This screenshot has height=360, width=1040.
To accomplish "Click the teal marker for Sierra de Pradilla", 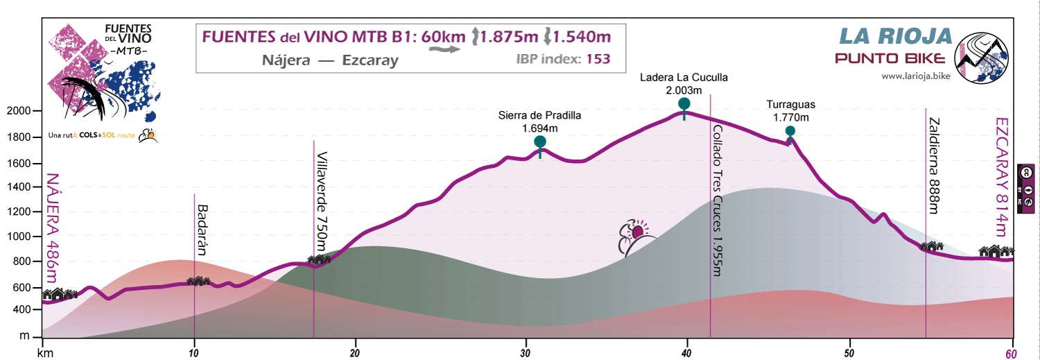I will click(540, 143).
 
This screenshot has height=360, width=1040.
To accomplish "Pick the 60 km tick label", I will click(1013, 353).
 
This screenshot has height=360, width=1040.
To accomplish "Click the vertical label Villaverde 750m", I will click(322, 201).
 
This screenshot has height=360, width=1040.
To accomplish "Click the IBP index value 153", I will click(598, 59).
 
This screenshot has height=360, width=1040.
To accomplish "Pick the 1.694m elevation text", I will click(539, 128).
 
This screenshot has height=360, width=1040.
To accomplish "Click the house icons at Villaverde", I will click(319, 259).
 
